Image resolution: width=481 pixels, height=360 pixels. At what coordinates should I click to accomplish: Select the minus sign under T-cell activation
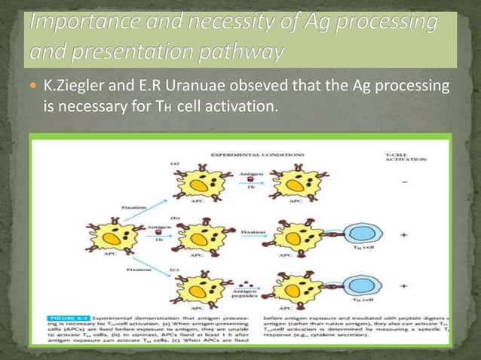pos(406,184)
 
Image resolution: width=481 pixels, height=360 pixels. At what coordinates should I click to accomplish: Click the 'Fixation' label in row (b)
pos(253,233)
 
